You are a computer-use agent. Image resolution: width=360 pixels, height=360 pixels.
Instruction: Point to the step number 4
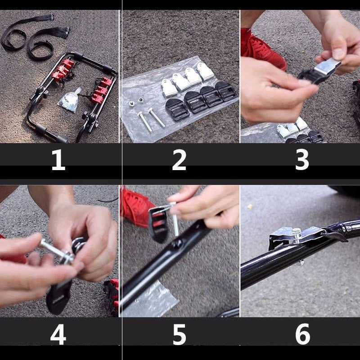coord(58,335)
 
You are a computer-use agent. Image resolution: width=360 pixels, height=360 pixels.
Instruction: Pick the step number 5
coord(179,335)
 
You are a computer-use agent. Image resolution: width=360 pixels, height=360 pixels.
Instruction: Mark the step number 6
coord(302,335)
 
